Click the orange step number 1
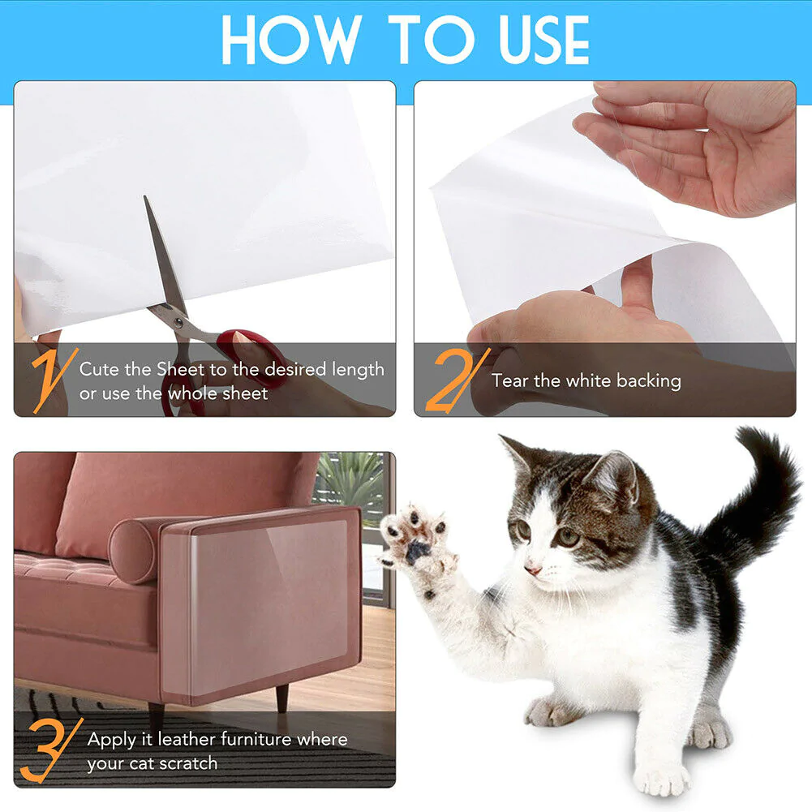(x=49, y=377)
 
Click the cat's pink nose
(x=533, y=569)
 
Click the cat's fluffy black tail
(x=763, y=487)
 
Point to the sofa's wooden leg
(x=281, y=697)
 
